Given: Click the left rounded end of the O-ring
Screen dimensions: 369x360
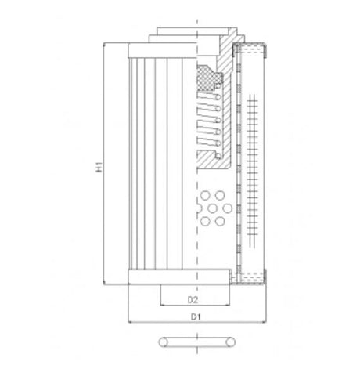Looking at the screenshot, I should (x=161, y=342).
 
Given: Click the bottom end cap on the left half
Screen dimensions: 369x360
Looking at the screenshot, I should (x=160, y=275).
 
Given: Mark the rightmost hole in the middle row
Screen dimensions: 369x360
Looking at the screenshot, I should (x=228, y=208).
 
